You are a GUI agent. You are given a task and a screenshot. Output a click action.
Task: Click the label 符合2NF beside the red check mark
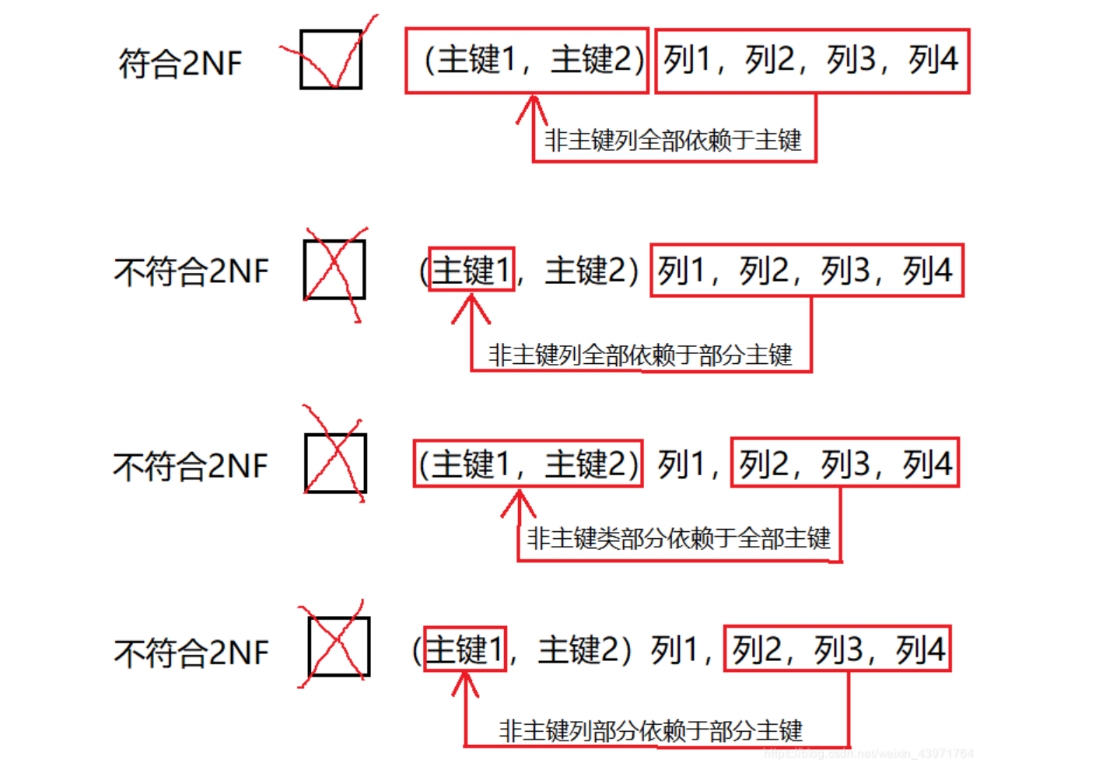click(180, 63)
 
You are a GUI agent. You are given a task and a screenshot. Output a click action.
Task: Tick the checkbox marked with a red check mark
click(331, 59)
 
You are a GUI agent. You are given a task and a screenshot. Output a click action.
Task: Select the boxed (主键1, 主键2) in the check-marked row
click(527, 61)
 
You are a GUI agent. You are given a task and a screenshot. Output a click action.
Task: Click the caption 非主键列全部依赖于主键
click(673, 141)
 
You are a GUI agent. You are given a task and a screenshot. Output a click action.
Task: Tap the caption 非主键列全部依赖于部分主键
click(639, 355)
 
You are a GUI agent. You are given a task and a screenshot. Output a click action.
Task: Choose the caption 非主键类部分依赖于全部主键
click(678, 538)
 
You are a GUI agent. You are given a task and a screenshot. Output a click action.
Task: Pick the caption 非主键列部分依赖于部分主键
click(650, 731)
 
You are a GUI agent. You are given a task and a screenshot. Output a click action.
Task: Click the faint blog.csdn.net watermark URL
click(869, 754)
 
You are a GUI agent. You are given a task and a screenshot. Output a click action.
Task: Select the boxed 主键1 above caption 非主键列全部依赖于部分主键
click(471, 270)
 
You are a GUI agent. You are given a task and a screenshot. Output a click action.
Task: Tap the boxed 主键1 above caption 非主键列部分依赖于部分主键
click(465, 649)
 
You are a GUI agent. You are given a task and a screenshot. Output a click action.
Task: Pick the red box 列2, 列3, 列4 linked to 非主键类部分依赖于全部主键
click(845, 464)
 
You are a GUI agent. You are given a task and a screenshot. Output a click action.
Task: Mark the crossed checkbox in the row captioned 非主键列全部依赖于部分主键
click(334, 270)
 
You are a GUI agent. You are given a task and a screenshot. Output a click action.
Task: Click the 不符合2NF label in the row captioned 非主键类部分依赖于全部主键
click(191, 467)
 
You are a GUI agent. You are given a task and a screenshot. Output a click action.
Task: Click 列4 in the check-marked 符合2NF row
click(933, 60)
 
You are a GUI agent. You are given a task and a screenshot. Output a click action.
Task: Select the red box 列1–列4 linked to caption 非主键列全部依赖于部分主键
click(807, 271)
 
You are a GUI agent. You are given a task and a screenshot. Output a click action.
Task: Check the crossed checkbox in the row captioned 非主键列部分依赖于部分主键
click(339, 647)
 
